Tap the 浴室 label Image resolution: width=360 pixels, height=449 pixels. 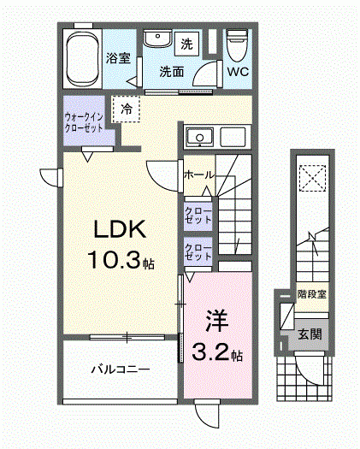pos(118,59)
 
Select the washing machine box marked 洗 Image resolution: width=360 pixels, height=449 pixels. pos(186,43)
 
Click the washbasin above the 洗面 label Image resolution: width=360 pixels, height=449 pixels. pos(155,40)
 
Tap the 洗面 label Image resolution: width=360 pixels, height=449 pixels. pos(172,72)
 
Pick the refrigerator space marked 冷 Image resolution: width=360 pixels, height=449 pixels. pos(127,109)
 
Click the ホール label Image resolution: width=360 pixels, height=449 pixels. pos(198,174)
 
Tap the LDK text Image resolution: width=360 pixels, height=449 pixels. pos(121,230)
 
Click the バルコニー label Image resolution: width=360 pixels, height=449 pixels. pos(121,370)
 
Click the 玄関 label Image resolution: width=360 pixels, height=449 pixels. pos(310,334)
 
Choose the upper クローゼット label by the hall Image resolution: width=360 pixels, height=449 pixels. pos(199,215)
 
